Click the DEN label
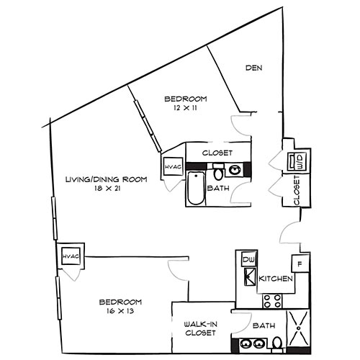253,68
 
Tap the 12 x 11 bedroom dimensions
186,107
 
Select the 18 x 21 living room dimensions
106,189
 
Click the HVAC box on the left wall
70,256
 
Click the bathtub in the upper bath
195,189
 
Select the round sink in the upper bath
235,171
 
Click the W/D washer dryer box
297,162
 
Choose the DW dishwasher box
248,259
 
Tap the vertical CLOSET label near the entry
297,191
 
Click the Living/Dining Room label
106,179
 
